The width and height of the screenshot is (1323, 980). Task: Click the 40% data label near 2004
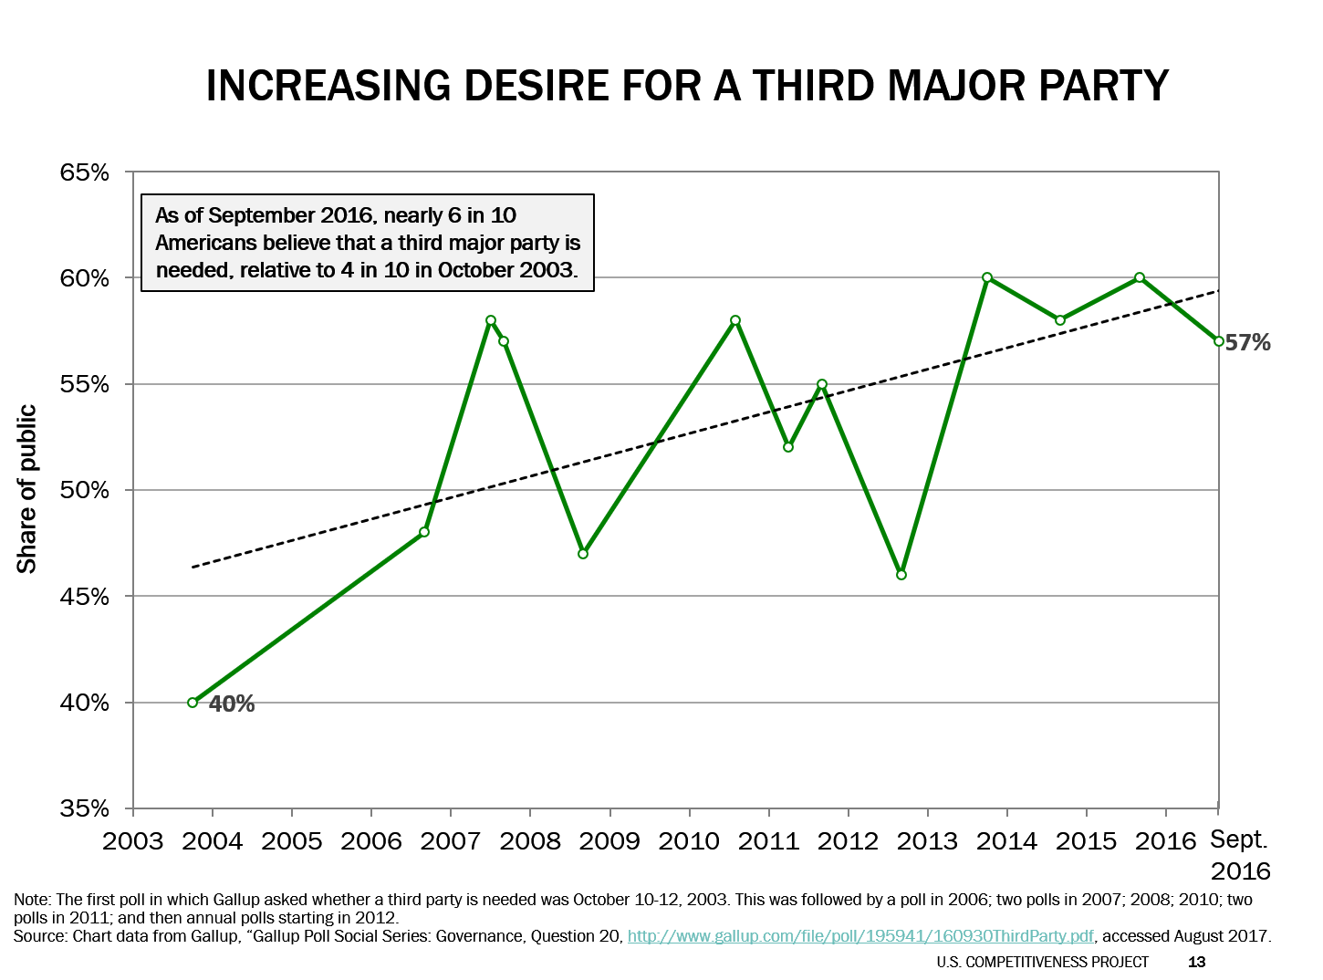pyautogui.click(x=232, y=704)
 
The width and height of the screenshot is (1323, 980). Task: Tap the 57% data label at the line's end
pyautogui.click(x=1247, y=343)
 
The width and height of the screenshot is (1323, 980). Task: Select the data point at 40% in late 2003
pyautogui.click(x=193, y=703)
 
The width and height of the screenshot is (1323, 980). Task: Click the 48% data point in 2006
pyautogui.click(x=424, y=532)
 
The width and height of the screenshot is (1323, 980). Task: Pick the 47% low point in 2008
pyautogui.click(x=583, y=554)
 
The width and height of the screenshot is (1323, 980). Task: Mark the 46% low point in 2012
pyautogui.click(x=901, y=575)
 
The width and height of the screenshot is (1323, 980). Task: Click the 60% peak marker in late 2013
pyautogui.click(x=987, y=277)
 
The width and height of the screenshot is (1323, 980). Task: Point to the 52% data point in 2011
pyautogui.click(x=788, y=447)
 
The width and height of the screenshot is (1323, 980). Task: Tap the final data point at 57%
pyautogui.click(x=1219, y=341)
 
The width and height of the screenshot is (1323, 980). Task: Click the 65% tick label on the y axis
pyautogui.click(x=85, y=172)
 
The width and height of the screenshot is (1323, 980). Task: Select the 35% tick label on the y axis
pyautogui.click(x=85, y=809)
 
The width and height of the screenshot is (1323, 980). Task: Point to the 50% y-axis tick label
pyautogui.click(x=85, y=491)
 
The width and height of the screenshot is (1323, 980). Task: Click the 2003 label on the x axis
pyautogui.click(x=133, y=840)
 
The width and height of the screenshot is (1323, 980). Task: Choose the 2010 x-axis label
pyautogui.click(x=689, y=840)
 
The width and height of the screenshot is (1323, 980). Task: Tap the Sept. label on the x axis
pyautogui.click(x=1238, y=839)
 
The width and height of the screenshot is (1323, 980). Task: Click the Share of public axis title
pyautogui.click(x=27, y=489)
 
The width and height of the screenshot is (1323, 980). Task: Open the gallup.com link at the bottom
pyautogui.click(x=860, y=936)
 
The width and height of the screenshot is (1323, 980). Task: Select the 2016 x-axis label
pyautogui.click(x=1165, y=840)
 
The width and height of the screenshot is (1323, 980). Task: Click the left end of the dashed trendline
pyautogui.click(x=193, y=568)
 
